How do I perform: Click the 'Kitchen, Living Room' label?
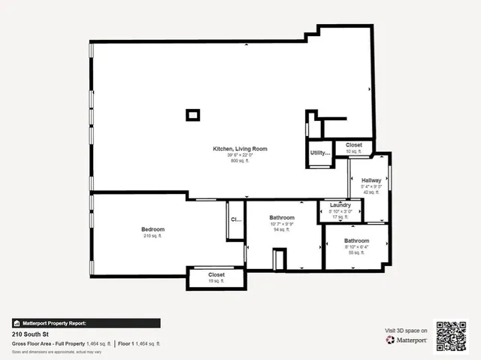point(240,149)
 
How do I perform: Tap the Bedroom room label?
point(153,229)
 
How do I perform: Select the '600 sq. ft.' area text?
point(240,162)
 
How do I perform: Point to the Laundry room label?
point(340,205)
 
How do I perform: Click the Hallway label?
point(371,180)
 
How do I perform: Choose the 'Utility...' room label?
point(320,153)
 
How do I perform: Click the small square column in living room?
point(193,115)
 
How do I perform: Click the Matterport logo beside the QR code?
point(407,340)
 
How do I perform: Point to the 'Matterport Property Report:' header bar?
point(86,323)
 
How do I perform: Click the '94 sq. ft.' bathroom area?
point(282,231)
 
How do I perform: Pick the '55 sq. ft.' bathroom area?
point(356,253)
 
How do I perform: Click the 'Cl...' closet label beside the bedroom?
point(235,220)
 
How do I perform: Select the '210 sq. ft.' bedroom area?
point(153,236)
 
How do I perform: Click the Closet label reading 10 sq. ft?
point(354,145)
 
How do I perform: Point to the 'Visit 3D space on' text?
point(407,331)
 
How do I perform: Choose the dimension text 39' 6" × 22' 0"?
point(240,156)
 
